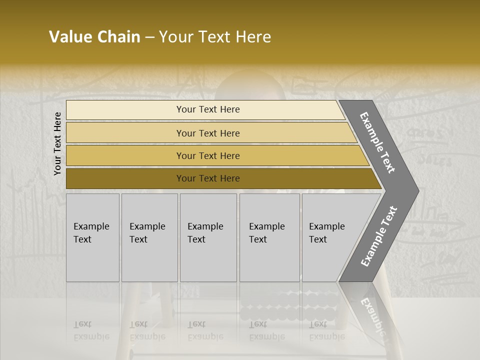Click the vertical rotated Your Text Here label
(57, 143)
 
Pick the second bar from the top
(207, 133)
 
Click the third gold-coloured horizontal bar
(207, 155)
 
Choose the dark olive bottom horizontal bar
(207, 178)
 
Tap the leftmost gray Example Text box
(92, 237)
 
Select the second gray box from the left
(149, 237)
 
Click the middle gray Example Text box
(208, 237)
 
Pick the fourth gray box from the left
(269, 237)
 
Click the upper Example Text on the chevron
(378, 142)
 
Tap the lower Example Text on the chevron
(379, 236)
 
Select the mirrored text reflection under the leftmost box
(91, 330)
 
